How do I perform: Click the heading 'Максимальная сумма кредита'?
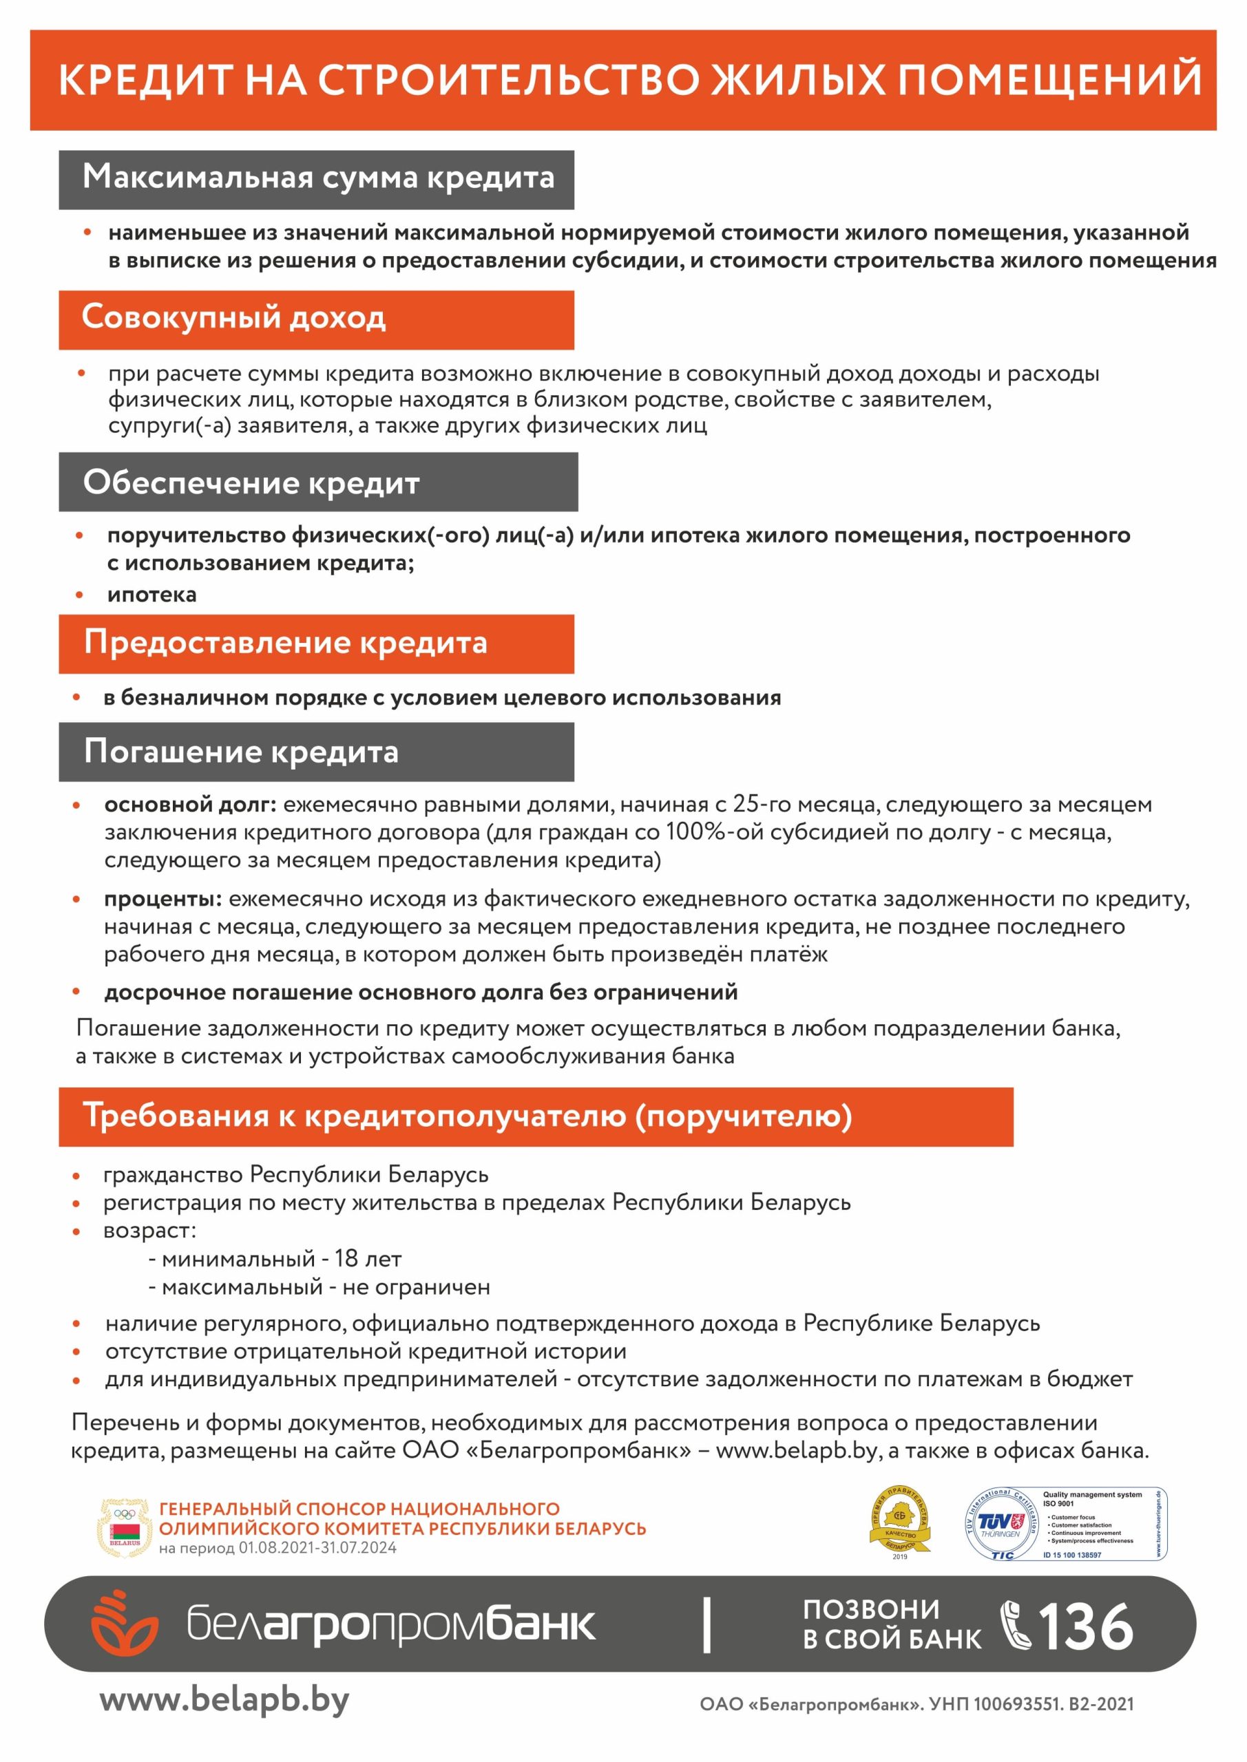318,178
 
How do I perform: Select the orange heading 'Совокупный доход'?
233,318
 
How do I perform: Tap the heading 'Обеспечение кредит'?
251,482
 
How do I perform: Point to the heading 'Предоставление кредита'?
286,642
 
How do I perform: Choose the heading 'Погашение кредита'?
241,752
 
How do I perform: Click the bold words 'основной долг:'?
189,805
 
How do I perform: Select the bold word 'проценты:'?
163,898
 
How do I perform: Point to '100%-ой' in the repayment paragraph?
712,832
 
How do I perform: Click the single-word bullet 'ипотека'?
152,595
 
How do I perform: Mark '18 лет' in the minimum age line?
368,1259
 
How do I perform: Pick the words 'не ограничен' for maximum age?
416,1287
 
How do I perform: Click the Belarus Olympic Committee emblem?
125,1528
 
